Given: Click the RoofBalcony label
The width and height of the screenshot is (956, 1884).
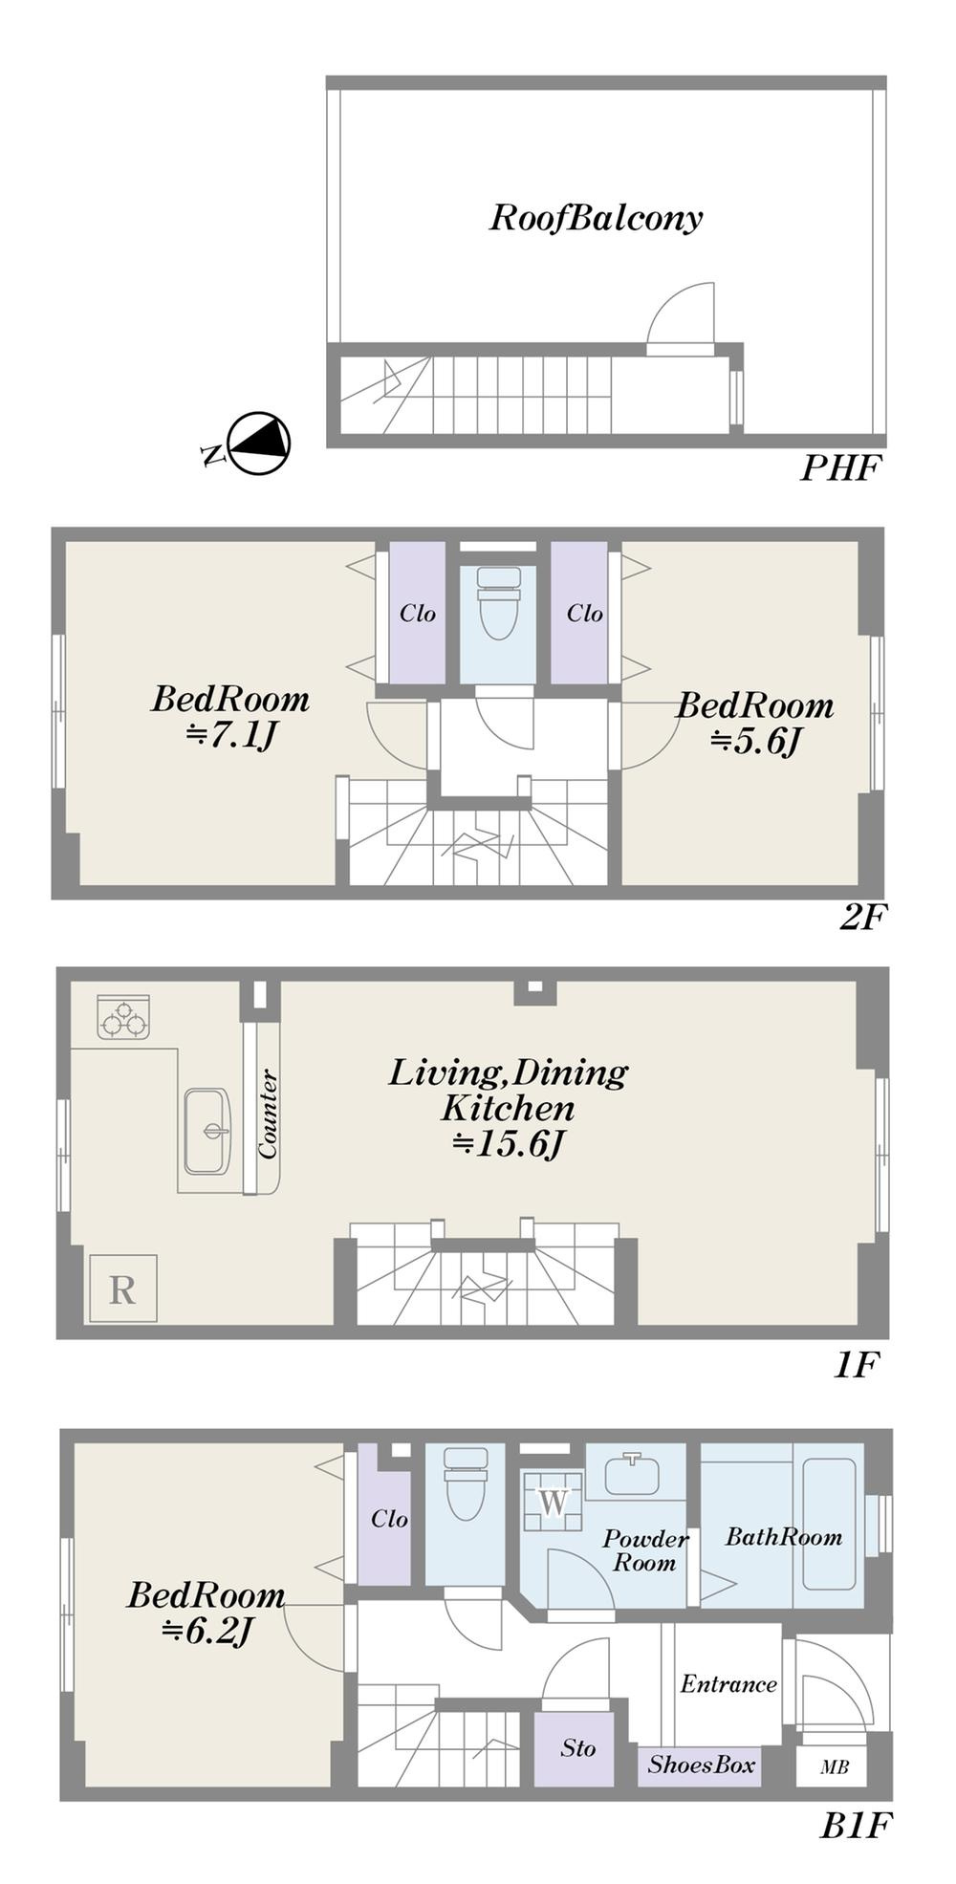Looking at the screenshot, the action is (x=596, y=219).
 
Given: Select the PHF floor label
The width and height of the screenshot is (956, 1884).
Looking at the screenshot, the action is (x=839, y=469).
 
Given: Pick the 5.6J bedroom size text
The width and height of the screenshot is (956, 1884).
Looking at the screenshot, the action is (x=755, y=741).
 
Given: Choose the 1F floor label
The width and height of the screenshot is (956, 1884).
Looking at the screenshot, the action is (x=856, y=1365).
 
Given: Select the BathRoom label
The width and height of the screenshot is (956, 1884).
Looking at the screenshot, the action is (x=784, y=1537).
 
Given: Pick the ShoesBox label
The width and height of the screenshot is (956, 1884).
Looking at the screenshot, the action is (x=702, y=1765).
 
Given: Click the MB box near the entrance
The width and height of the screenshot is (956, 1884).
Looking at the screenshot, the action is (x=834, y=1767).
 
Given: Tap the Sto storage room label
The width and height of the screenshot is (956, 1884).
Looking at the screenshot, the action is (x=577, y=1748).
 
